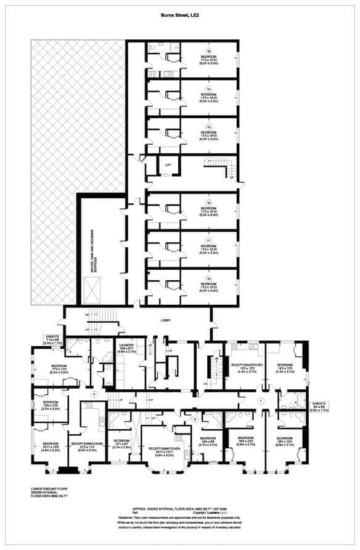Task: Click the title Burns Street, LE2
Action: (x=179, y=18)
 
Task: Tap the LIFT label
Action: (x=168, y=164)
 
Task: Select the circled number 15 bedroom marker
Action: (x=208, y=51)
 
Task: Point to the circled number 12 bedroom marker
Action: (x=208, y=203)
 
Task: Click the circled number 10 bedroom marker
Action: (x=208, y=278)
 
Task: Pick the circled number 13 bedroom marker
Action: (x=208, y=127)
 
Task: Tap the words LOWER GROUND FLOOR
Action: (x=47, y=489)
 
